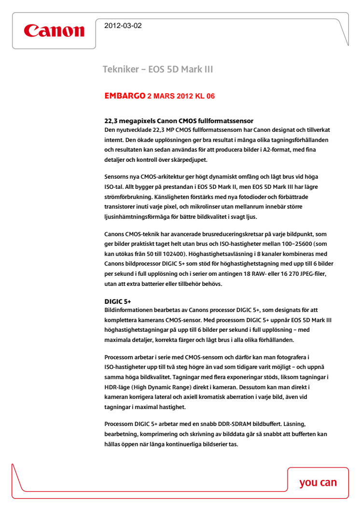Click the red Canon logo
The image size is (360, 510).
54,30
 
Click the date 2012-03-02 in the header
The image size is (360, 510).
123,26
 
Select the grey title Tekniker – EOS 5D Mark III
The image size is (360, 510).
158,70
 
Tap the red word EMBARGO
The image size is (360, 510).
125,96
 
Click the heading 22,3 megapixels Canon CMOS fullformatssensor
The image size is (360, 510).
179,120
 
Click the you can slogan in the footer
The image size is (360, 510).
318,482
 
